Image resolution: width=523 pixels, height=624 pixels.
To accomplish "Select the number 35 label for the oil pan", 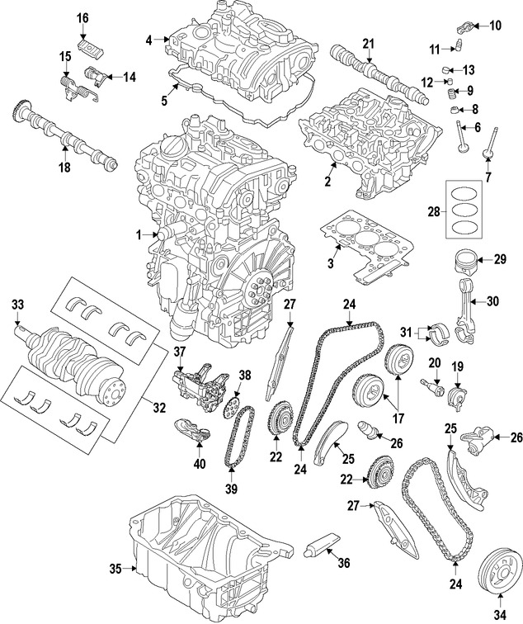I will [115, 568].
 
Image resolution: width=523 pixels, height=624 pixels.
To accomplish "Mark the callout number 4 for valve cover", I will [149, 39].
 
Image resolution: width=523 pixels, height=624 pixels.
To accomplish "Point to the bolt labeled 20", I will [431, 384].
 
